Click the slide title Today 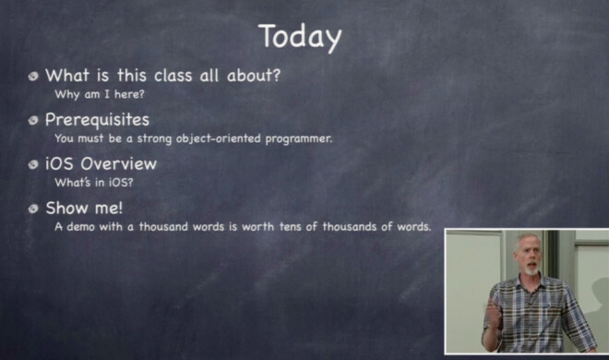[300, 37]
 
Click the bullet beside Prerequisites [34, 121]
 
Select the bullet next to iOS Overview [34, 165]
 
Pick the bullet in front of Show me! [34, 210]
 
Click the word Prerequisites [97, 120]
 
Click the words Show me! [83, 209]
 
